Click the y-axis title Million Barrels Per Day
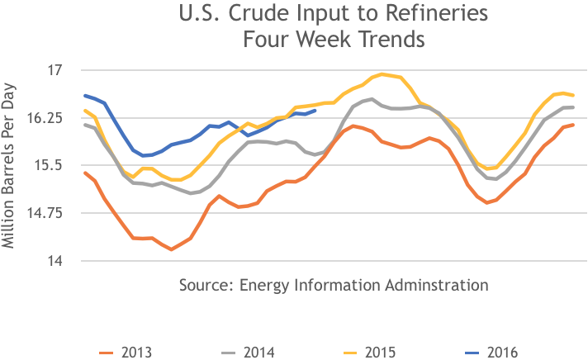10,166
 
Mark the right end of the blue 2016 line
315,110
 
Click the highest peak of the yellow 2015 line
382,73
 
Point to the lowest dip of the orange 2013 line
171,249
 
